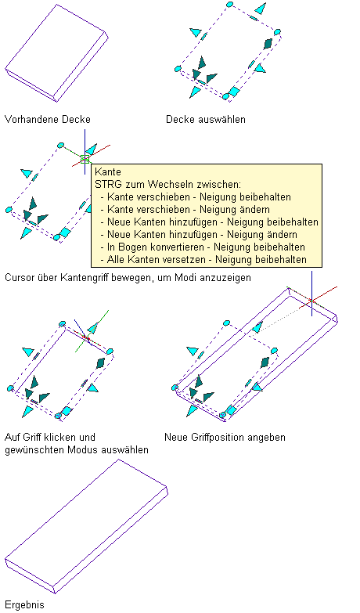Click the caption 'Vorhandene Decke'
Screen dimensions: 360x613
click(x=47, y=119)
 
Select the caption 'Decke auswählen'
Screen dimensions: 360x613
click(x=206, y=119)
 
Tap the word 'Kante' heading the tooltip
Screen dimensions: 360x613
click(x=108, y=171)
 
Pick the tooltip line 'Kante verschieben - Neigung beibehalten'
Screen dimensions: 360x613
click(x=199, y=197)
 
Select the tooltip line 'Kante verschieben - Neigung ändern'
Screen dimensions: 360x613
click(x=189, y=209)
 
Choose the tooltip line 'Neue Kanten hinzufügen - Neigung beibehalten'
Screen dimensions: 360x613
click(x=213, y=222)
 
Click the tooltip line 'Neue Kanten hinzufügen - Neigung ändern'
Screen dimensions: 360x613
click(x=202, y=235)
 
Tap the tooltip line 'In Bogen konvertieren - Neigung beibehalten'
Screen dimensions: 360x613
click(x=206, y=247)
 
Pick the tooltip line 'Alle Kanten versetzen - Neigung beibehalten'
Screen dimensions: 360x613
click(x=207, y=260)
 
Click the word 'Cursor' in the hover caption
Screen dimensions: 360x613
click(x=19, y=278)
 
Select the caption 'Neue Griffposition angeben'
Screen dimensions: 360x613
click(x=225, y=437)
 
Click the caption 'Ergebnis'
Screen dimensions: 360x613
click(x=24, y=605)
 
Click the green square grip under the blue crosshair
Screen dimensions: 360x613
click(x=85, y=160)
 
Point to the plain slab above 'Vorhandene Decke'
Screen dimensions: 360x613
click(x=56, y=53)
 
